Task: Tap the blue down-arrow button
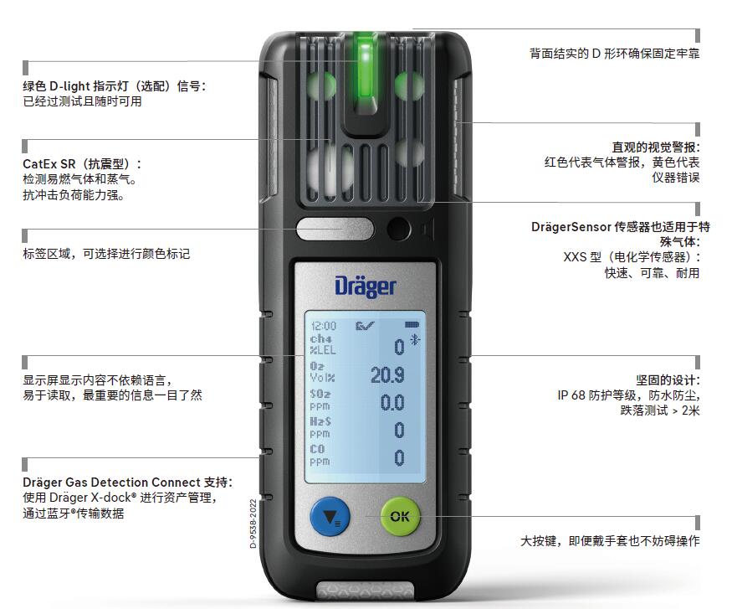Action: (330, 516)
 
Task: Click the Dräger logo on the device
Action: (366, 286)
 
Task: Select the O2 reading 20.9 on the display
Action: (387, 375)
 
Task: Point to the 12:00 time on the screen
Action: (324, 326)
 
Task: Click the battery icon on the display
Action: (412, 324)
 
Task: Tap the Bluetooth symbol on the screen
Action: (415, 340)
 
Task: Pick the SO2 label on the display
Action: (320, 394)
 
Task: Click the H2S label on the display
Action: (320, 421)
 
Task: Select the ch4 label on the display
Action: (320, 338)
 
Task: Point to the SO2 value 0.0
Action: (392, 403)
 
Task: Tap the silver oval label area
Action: (335, 229)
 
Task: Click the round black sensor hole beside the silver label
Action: (398, 229)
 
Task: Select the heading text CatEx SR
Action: (49, 164)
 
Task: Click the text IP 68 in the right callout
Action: (571, 395)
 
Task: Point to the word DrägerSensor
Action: (571, 227)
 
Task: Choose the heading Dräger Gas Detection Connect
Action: (111, 483)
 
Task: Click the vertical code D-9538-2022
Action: (253, 524)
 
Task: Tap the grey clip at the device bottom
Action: (366, 591)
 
